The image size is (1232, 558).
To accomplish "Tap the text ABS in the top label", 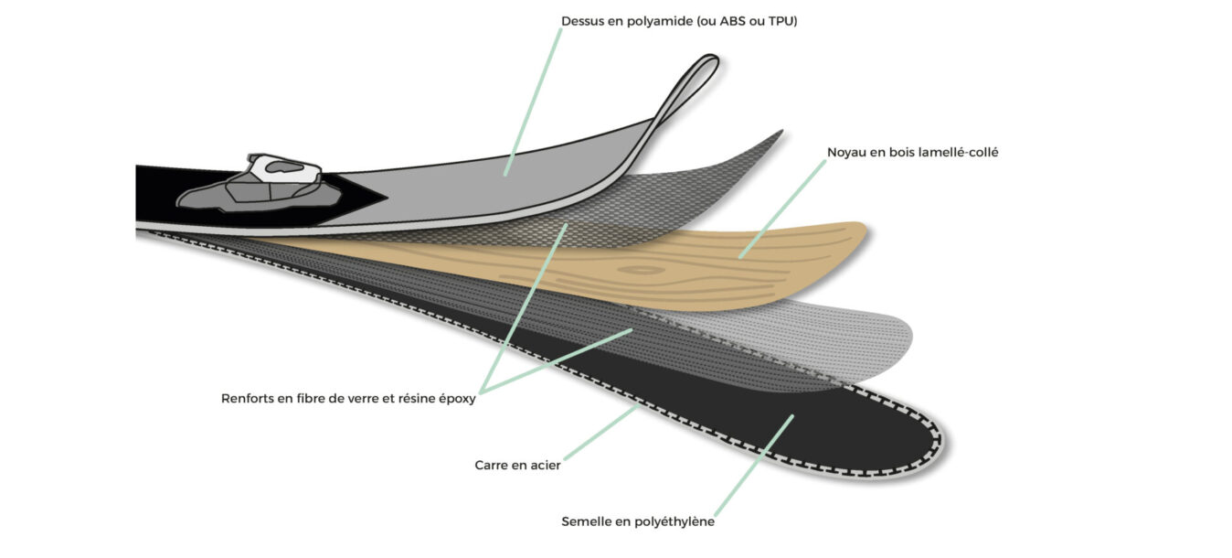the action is [734, 21].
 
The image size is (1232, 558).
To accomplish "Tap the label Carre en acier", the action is [517, 466].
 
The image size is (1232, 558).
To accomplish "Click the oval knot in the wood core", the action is [642, 270].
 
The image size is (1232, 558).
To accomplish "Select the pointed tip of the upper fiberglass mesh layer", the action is [782, 131].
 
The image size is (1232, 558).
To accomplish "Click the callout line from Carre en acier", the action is [601, 433].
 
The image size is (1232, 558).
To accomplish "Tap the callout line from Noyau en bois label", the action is [782, 209].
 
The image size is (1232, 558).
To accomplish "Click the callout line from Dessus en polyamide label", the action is [533, 102].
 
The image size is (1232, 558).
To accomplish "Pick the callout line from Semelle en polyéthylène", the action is [754, 466].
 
